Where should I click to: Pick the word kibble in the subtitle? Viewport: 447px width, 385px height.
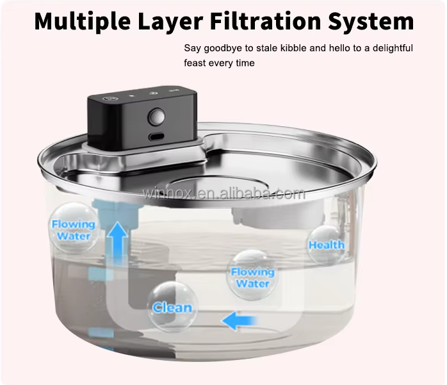coord(300,48)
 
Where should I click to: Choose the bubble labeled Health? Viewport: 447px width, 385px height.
coord(326,245)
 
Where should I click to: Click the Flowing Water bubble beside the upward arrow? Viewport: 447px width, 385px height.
coord(74,229)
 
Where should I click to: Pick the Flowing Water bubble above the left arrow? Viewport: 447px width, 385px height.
coord(252,276)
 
